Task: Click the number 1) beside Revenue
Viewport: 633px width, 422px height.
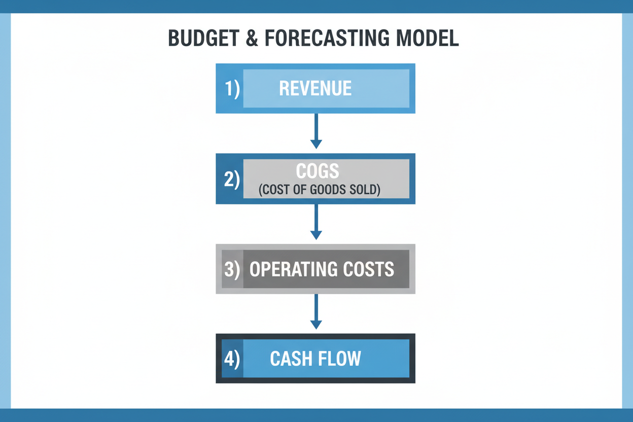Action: click(232, 89)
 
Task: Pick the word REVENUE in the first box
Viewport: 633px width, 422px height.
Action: click(315, 89)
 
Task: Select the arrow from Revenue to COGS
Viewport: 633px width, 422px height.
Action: click(316, 131)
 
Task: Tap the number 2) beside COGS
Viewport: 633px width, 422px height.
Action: click(232, 179)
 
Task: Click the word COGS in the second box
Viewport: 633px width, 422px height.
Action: click(318, 171)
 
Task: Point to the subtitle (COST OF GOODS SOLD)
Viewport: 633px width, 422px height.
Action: click(320, 190)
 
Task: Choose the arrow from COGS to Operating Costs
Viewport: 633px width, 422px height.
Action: click(316, 222)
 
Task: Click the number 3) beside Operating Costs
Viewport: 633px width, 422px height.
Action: click(232, 269)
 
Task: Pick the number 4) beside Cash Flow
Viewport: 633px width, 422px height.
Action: click(232, 359)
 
